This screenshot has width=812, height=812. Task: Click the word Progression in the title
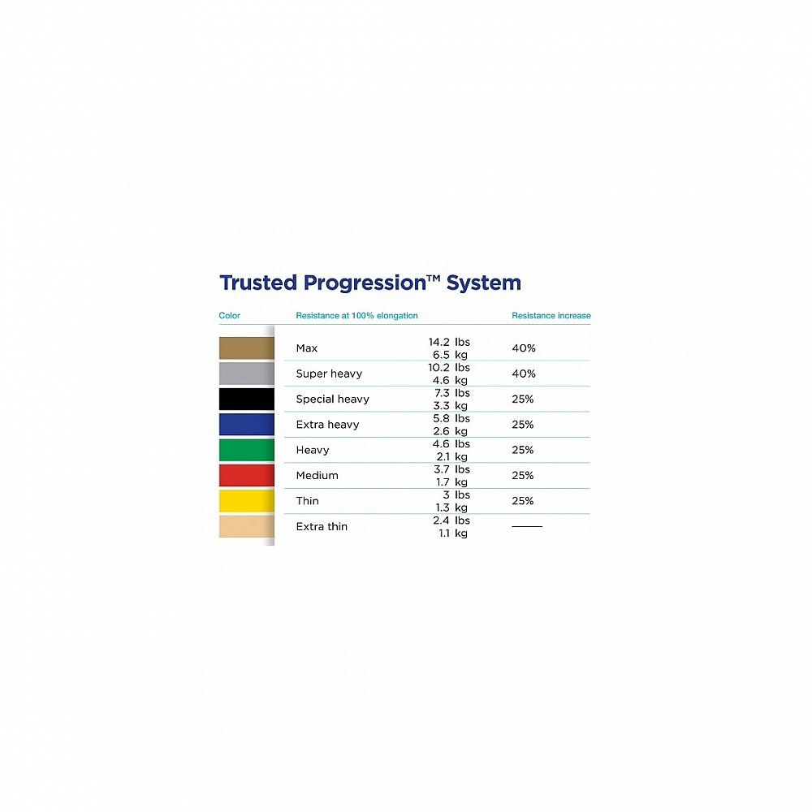click(365, 283)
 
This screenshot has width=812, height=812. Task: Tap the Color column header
click(230, 315)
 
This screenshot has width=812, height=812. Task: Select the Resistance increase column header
click(551, 315)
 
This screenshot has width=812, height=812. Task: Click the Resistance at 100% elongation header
click(356, 315)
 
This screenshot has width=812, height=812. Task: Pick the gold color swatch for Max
click(247, 348)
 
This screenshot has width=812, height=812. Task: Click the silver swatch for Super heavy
click(247, 374)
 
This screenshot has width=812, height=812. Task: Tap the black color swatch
click(247, 400)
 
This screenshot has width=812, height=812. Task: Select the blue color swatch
click(247, 425)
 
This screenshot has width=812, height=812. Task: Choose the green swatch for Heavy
click(247, 450)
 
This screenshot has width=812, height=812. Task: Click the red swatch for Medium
click(247, 475)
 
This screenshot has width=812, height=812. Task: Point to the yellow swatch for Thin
click(247, 501)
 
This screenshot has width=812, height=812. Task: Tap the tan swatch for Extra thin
click(247, 526)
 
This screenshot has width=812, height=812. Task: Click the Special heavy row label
click(332, 400)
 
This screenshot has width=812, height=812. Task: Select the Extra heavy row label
click(327, 425)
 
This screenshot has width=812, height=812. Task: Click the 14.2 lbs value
click(449, 342)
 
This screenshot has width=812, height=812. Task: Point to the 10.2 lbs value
click(449, 367)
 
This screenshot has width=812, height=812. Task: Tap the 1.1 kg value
click(453, 533)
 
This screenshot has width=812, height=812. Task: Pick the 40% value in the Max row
click(524, 348)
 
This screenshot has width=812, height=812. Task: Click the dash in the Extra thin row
click(527, 526)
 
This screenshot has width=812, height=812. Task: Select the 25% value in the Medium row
click(522, 475)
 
